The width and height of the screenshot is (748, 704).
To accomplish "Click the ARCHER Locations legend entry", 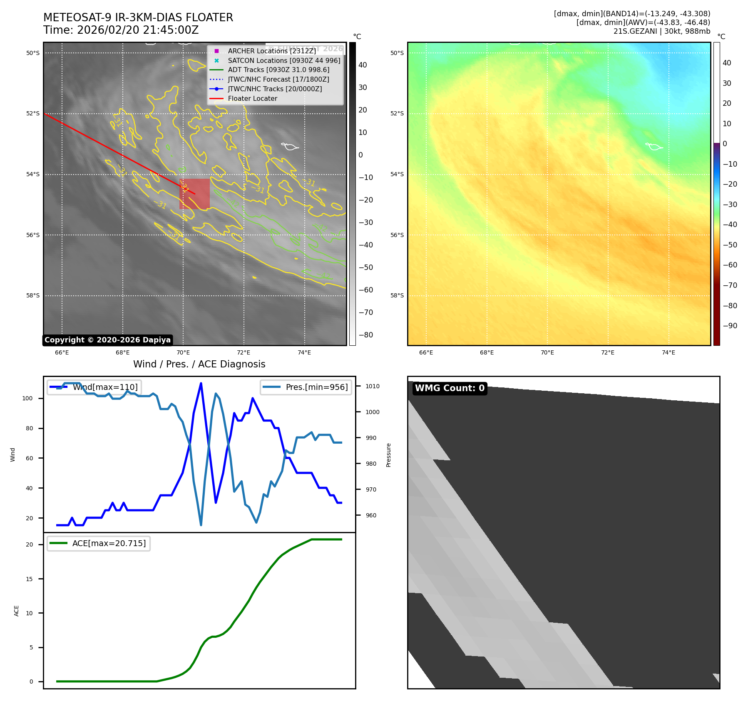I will tap(272, 51).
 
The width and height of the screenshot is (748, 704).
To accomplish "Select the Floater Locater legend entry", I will tap(252, 99).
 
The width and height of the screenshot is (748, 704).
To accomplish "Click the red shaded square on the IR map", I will tap(194, 194).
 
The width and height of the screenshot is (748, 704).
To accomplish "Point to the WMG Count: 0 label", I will tap(450, 388).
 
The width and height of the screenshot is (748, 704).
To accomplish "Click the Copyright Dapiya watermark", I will tap(107, 340).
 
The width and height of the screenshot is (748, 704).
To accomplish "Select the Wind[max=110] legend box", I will tap(94, 387).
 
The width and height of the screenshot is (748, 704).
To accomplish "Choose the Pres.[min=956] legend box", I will tap(306, 387).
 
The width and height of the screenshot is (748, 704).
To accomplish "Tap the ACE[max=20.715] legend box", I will tap(99, 543).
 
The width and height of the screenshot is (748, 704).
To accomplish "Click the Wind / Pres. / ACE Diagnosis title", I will tap(199, 364).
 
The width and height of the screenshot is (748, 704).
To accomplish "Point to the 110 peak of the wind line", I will tap(201, 383).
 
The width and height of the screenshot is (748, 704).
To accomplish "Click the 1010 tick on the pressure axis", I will tap(373, 386).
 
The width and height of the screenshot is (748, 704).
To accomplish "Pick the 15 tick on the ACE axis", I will tap(29, 579).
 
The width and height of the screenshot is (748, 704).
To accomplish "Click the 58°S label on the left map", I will tap(33, 296).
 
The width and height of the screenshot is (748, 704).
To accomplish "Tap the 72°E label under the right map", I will tap(608, 352).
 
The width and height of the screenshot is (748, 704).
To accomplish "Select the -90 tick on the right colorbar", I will tap(730, 326).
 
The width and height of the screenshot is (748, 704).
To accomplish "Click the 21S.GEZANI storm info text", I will tap(661, 31).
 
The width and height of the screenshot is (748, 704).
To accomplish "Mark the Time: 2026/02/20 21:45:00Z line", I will tap(121, 30).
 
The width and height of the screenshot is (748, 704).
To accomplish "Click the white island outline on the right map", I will tap(654, 146).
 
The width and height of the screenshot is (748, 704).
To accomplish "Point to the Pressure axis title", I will tap(388, 455).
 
